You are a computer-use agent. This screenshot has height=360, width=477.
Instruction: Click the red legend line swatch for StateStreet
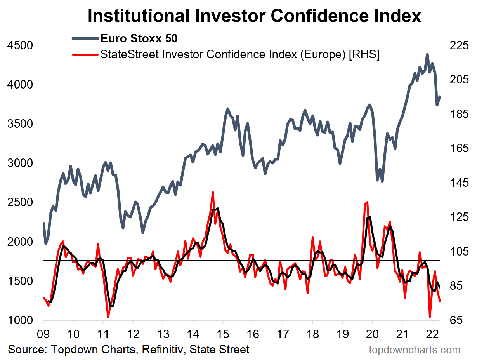[85, 54]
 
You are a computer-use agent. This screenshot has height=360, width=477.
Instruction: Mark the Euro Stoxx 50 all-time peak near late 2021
[427, 55]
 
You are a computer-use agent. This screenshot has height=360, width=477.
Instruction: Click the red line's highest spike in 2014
[213, 192]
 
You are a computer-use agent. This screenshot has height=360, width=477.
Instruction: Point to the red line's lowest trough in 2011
[108, 317]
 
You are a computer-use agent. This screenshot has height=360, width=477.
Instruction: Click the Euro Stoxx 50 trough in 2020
[382, 181]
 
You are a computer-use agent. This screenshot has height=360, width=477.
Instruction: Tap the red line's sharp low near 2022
[430, 317]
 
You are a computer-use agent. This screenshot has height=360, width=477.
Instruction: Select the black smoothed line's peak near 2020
[369, 217]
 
